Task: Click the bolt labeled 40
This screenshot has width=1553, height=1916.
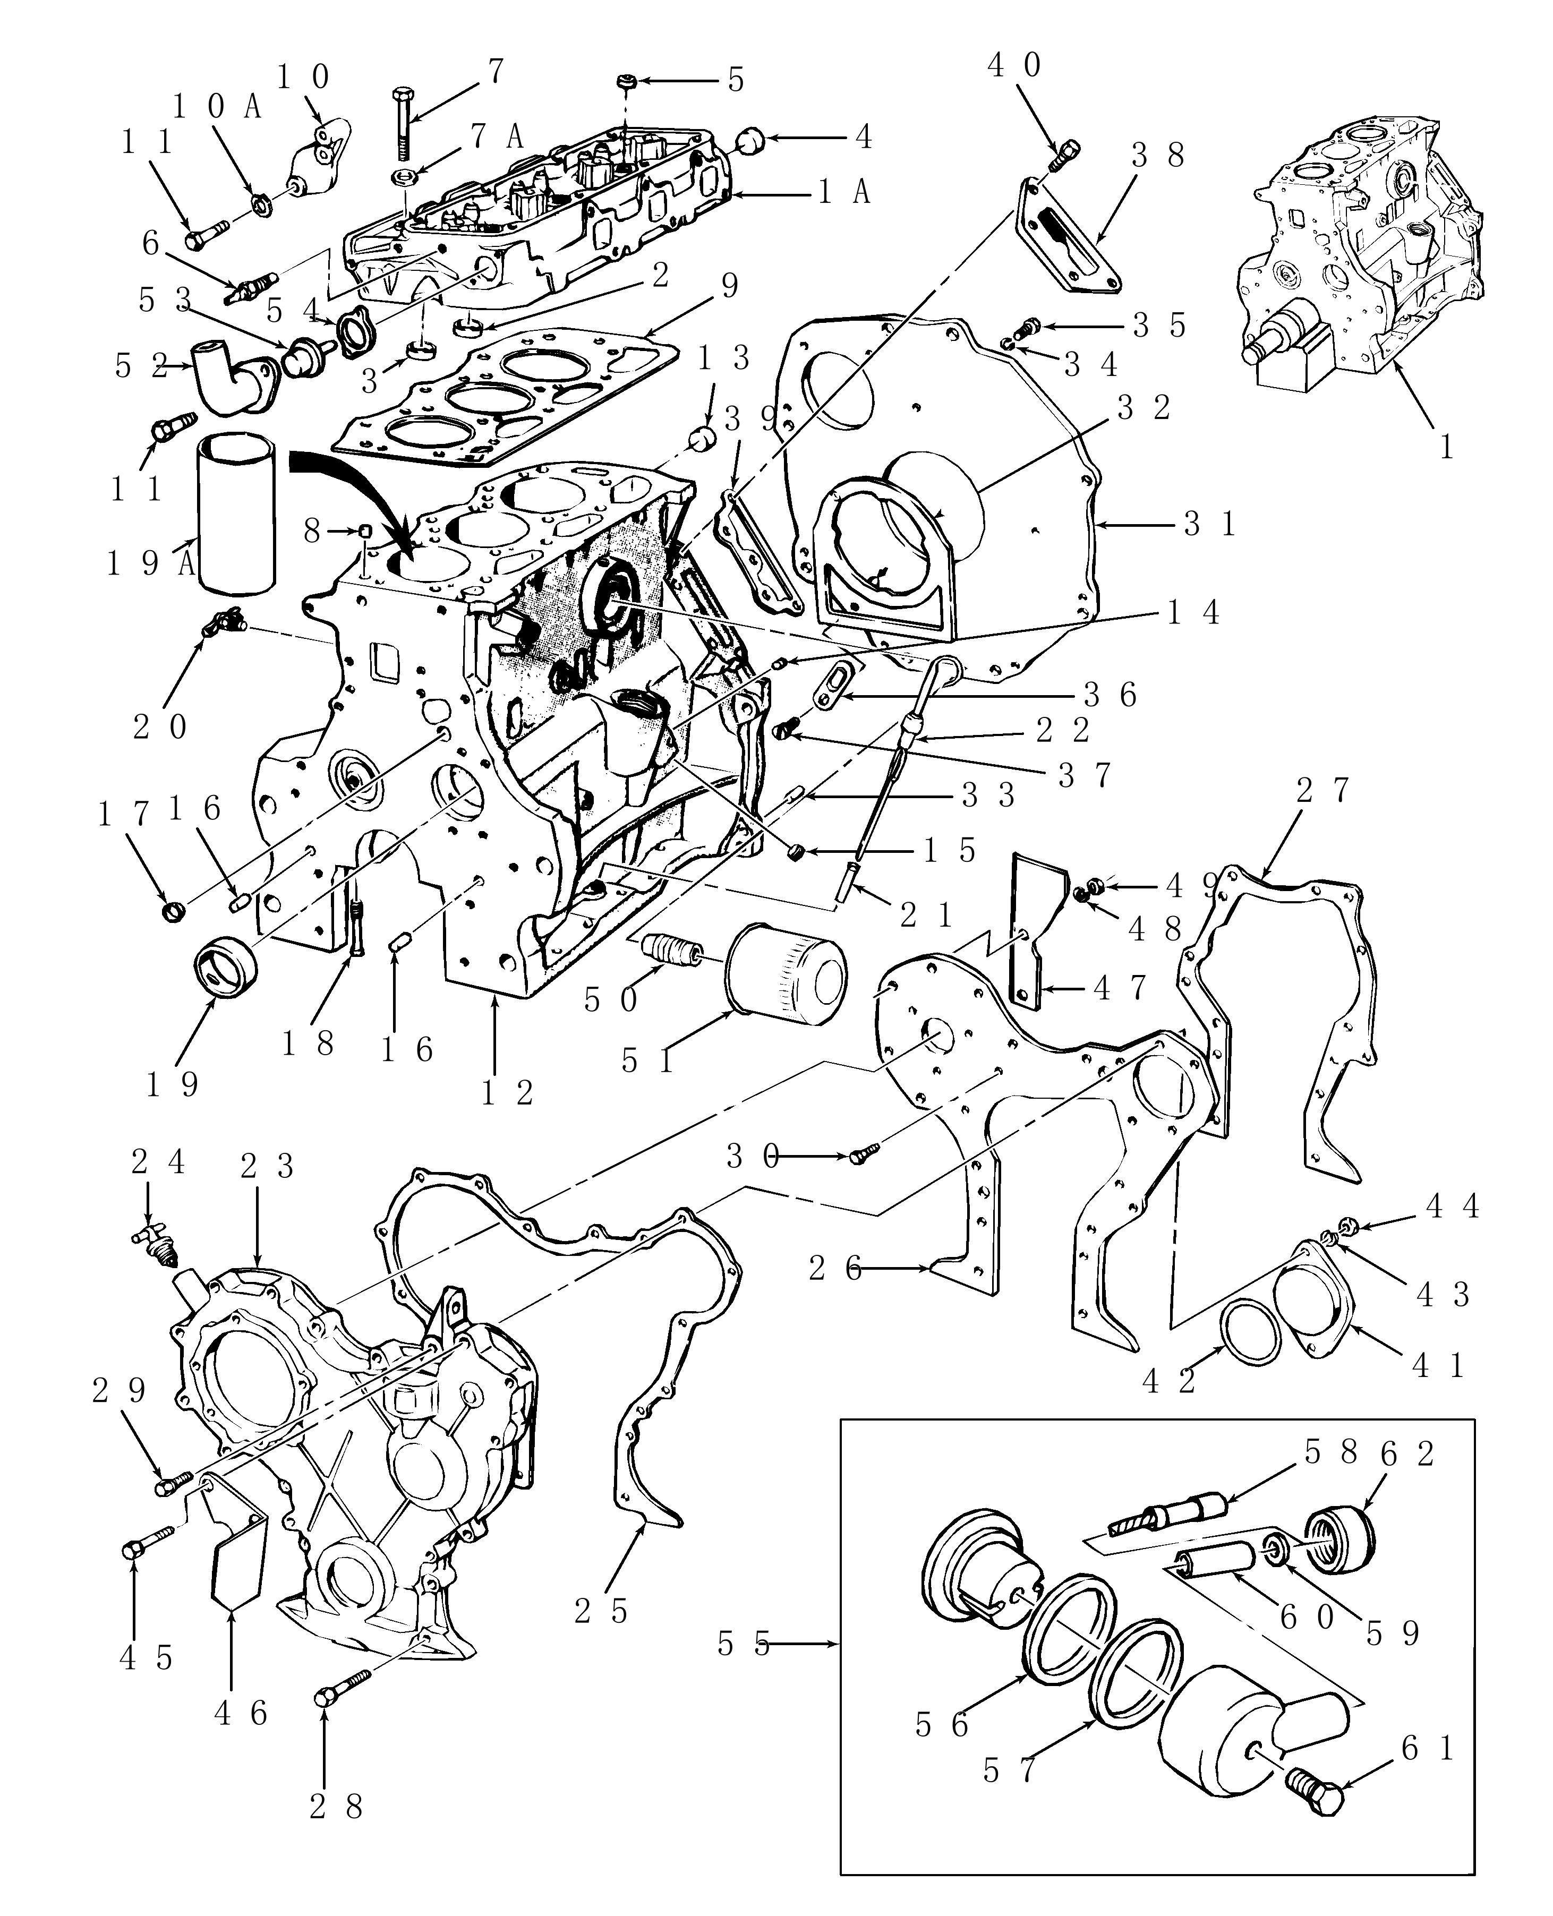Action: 1067,157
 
